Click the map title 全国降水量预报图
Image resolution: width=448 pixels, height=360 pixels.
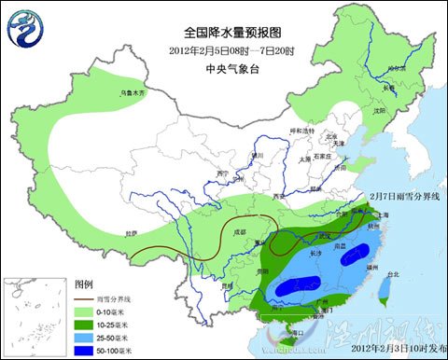coord(223,31)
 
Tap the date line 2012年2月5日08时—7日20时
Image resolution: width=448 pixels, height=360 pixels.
coord(223,49)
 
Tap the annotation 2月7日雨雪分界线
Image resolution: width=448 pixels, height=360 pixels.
coord(402,198)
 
